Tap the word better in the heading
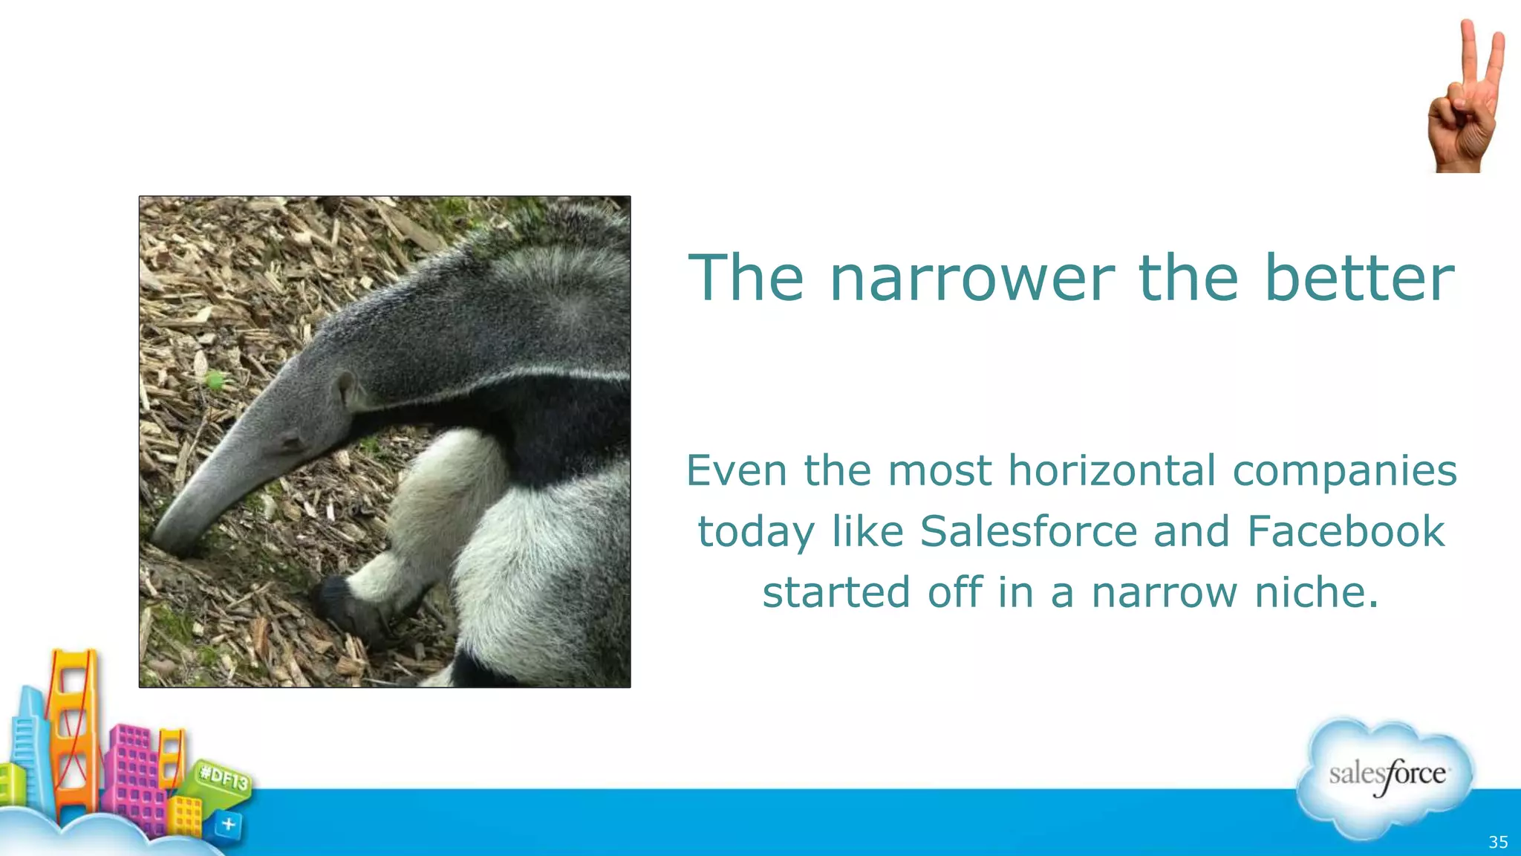1359,278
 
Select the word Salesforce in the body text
1029,531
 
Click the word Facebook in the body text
1346,531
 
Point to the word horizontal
1112,470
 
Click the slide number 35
1498,842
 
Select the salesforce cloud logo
1386,776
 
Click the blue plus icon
229,824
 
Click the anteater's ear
346,388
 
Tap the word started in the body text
836,592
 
